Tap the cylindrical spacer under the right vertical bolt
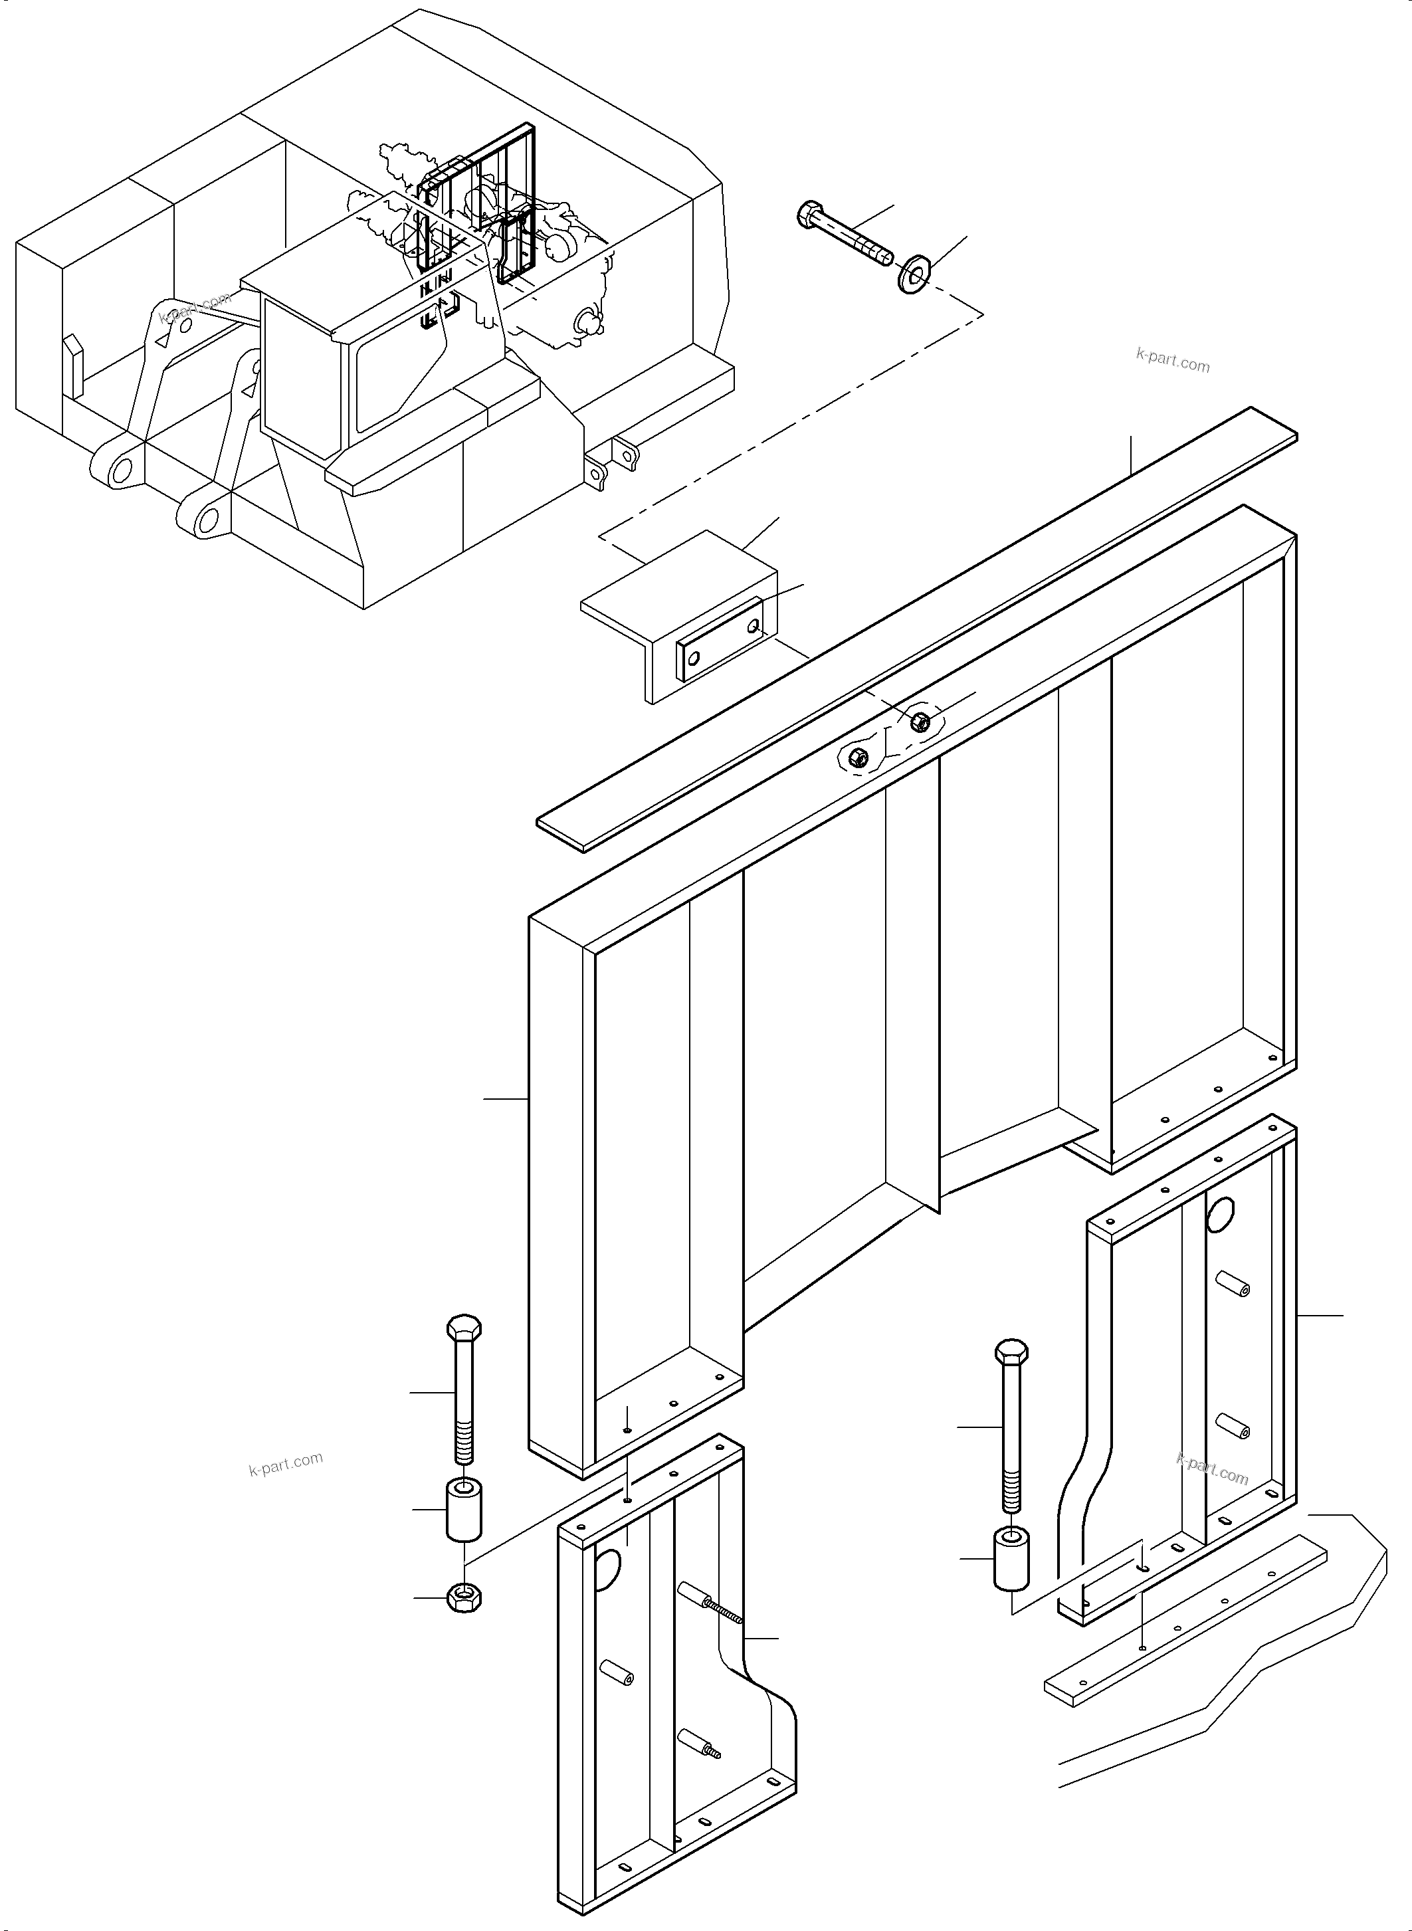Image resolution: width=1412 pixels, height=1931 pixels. (x=1011, y=1560)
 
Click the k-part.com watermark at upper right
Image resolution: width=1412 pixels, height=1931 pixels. (x=1173, y=362)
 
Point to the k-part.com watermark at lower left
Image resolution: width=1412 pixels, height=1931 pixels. (x=286, y=1465)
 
